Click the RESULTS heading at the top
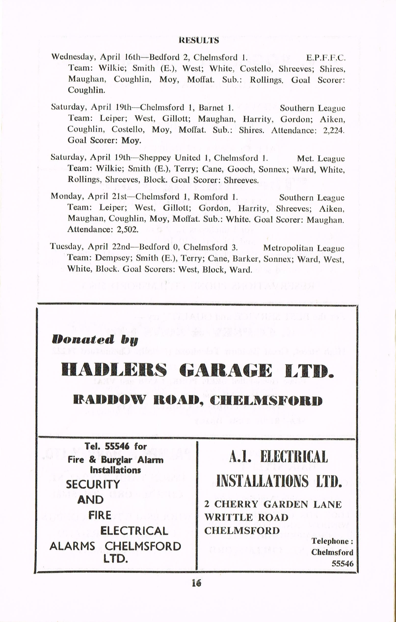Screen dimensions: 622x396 click(x=198, y=41)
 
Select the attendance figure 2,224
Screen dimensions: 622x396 click(x=334, y=130)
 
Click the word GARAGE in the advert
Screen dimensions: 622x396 click(x=224, y=370)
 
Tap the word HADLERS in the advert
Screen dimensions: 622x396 click(x=114, y=370)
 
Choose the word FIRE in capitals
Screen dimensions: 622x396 click(x=100, y=515)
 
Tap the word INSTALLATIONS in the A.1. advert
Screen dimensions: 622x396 click(x=262, y=480)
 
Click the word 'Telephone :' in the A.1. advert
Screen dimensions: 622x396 click(x=332, y=541)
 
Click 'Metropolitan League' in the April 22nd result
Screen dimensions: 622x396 click(x=304, y=248)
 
